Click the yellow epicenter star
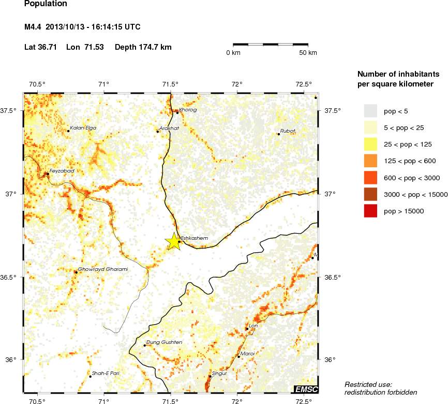click(x=173, y=241)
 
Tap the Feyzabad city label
click(x=62, y=170)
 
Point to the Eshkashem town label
click(x=194, y=238)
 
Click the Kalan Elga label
click(x=83, y=128)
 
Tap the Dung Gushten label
click(x=165, y=342)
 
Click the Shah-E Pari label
click(x=106, y=373)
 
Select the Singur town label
click(x=220, y=373)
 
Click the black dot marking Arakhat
click(x=158, y=132)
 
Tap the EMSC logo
click(x=306, y=389)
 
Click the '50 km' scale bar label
click(x=309, y=53)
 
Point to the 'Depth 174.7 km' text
click(x=143, y=47)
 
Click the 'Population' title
click(x=46, y=4)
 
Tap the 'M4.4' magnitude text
click(x=33, y=27)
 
